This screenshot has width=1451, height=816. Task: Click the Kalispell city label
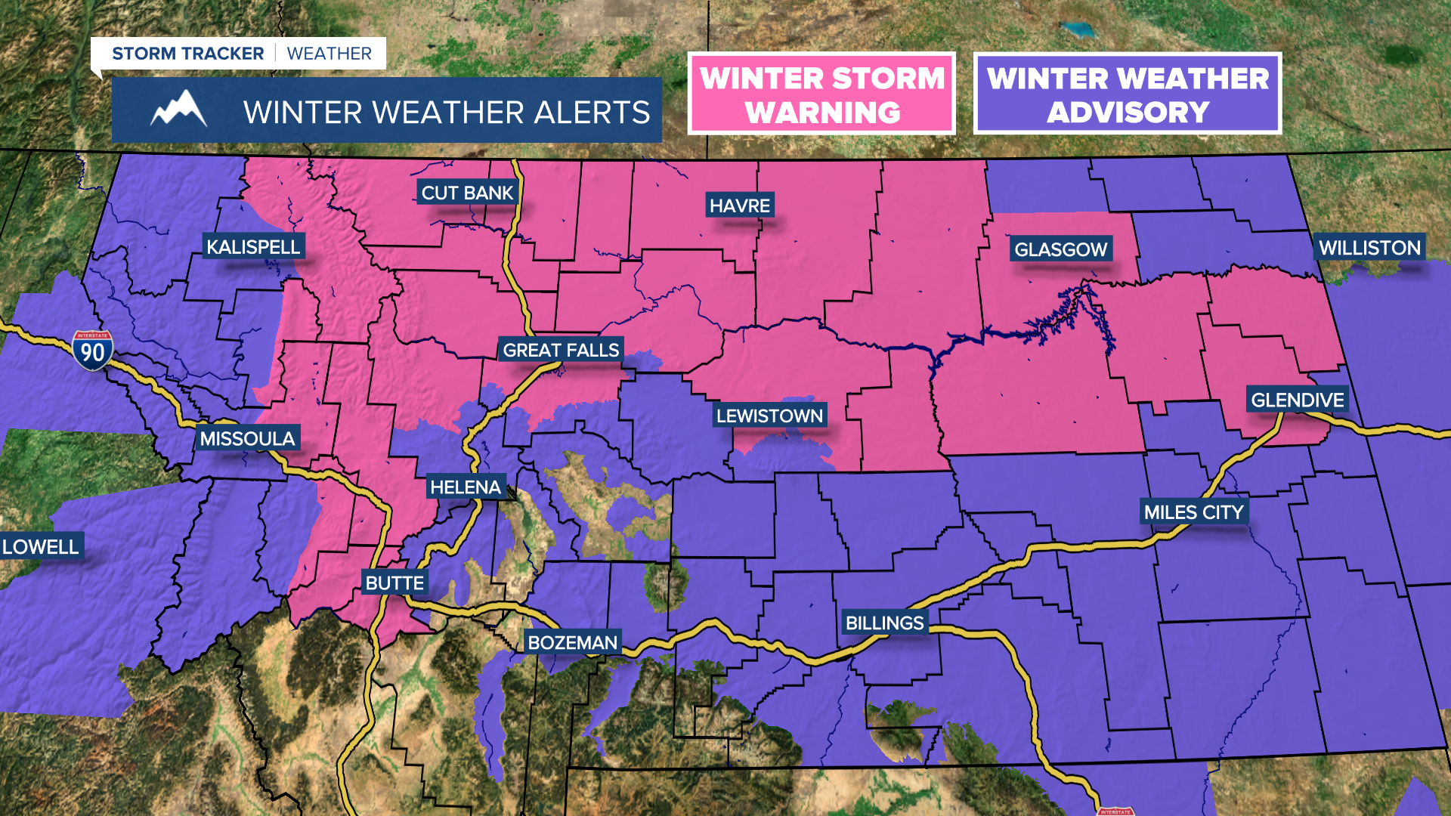253,247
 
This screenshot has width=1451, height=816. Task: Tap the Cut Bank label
467,193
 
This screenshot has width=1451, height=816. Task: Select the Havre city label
739,206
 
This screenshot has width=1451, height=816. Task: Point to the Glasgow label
1060,249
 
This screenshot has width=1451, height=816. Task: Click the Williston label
1369,248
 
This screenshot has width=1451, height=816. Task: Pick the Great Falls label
561,350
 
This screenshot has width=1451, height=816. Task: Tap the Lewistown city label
769,416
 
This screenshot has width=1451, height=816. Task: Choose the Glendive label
1297,400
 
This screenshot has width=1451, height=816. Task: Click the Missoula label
247,438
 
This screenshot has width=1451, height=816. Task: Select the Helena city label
466,487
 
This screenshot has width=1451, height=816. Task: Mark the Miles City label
1193,512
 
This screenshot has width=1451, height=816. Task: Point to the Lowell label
40,546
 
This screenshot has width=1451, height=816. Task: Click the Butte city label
394,583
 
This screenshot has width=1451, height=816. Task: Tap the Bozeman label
572,642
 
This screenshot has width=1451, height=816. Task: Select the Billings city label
884,623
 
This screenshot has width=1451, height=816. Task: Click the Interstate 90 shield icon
93,351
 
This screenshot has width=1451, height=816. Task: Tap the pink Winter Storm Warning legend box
821,94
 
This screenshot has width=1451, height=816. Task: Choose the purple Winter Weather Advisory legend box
1127,94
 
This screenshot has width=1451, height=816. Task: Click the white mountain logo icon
178,110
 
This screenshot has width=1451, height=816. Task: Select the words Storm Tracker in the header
187,54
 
